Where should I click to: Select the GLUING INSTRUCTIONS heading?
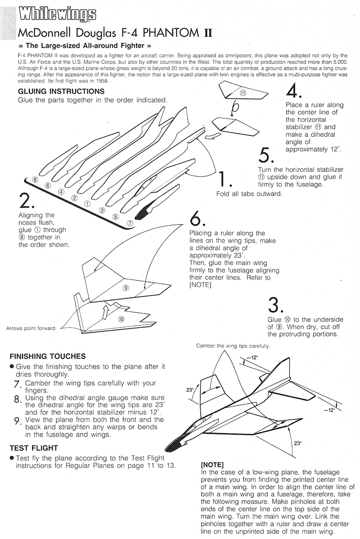coord(61,92)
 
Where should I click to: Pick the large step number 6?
coord(198,219)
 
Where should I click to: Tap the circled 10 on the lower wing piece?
coord(121,319)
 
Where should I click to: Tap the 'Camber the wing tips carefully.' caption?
coord(233,346)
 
